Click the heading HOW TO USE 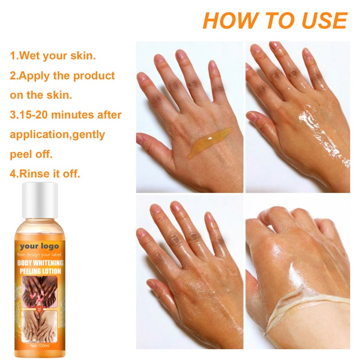pos(274,20)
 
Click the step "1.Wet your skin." pos(53,56)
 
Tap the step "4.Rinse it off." pos(45,173)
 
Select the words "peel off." pos(31,154)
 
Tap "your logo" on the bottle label pos(39,246)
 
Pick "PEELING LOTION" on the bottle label pos(40,271)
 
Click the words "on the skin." pos(40,95)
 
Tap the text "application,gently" pos(57,134)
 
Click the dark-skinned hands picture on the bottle pos(39,290)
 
